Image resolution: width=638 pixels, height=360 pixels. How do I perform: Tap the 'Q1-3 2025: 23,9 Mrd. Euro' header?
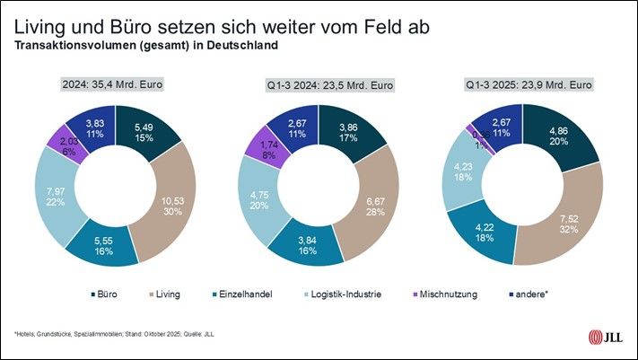(530, 85)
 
